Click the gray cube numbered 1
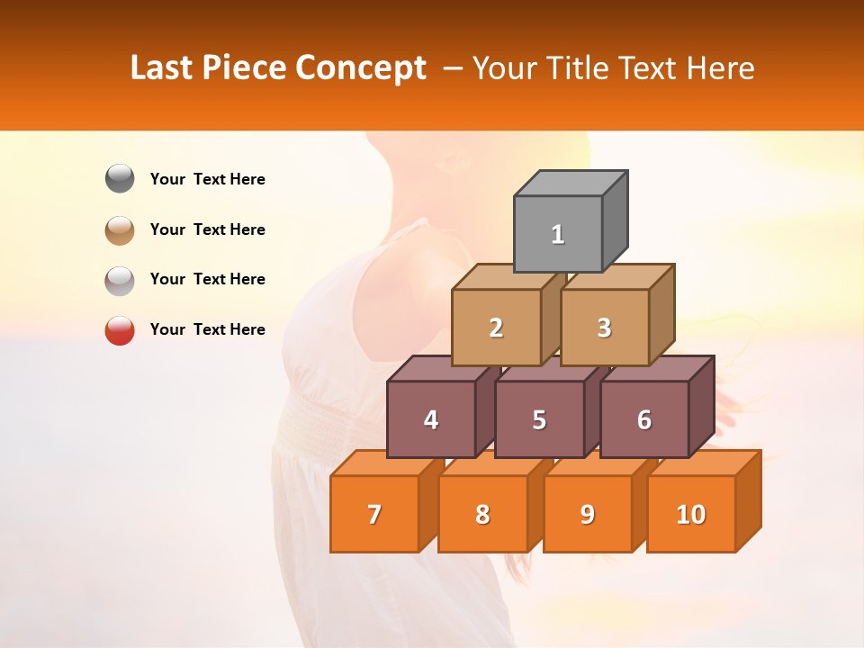pos(558,234)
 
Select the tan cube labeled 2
pos(496,328)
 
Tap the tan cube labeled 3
pos(604,328)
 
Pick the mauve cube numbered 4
pos(431,419)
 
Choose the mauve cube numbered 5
pos(539,419)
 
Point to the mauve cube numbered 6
pos(644,419)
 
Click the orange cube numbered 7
pos(374,514)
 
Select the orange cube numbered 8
pos(482,514)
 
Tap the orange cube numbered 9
pos(588,514)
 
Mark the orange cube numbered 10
pos(691,514)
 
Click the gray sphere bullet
pos(120,179)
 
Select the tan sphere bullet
pos(120,229)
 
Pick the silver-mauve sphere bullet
pos(120,280)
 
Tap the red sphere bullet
pos(120,330)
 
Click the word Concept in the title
pos(360,68)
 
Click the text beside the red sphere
pos(208,329)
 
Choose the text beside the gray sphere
pos(208,179)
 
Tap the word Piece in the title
pos(244,68)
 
